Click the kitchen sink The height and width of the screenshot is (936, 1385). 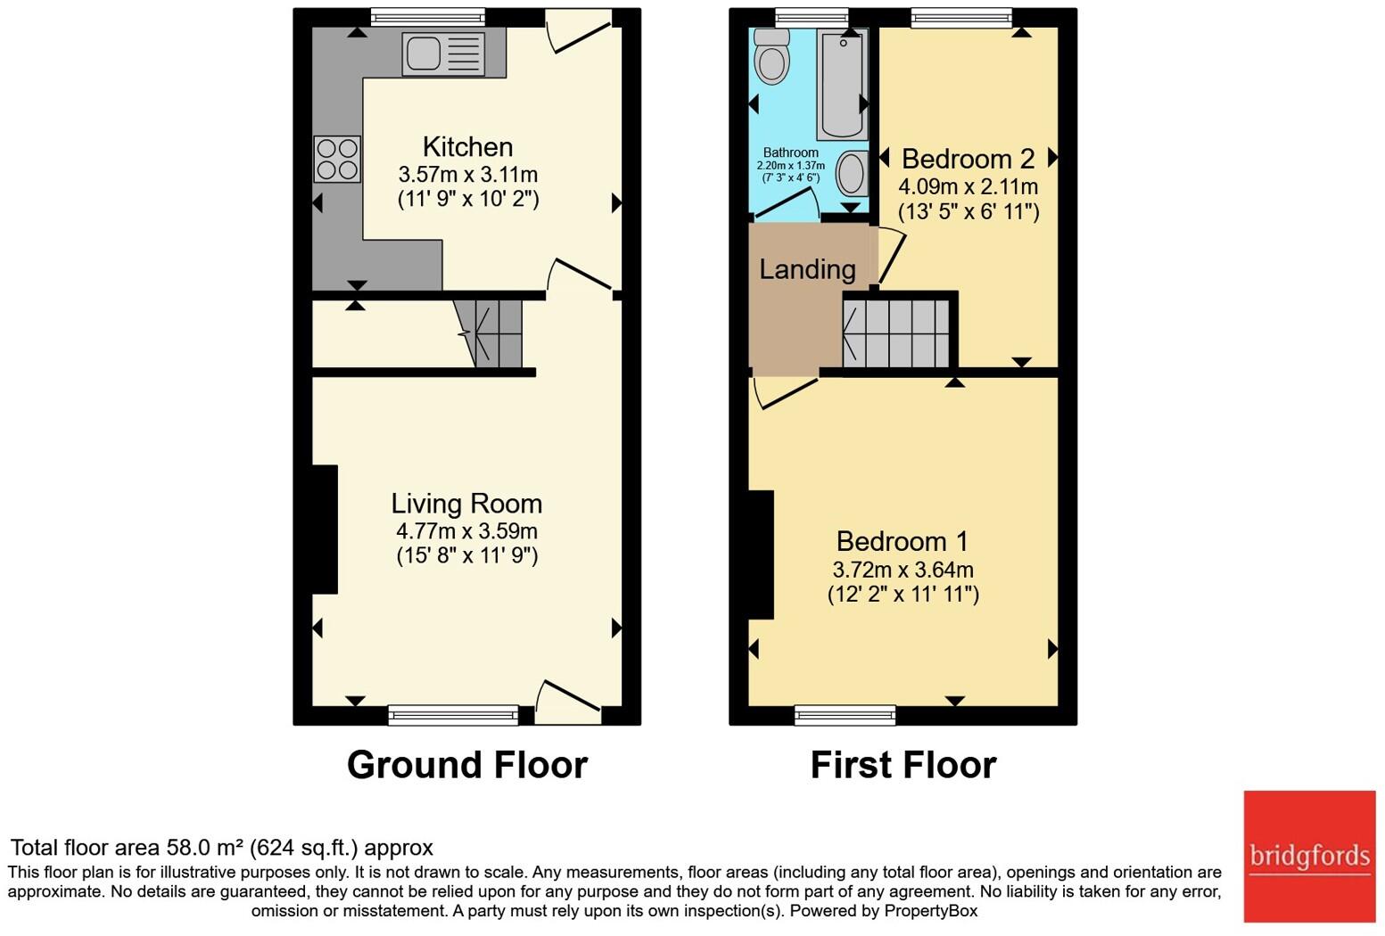443,53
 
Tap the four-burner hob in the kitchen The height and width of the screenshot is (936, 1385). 337,159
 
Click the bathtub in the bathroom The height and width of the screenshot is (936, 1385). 841,84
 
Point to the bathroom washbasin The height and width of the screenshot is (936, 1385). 852,173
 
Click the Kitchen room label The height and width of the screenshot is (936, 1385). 467,147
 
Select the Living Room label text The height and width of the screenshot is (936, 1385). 466,504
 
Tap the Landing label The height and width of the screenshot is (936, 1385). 807,269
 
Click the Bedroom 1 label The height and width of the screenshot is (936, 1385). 903,541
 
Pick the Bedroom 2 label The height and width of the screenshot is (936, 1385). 968,159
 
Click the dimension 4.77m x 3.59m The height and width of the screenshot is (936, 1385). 466,531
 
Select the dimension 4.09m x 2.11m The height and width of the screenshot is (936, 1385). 968,186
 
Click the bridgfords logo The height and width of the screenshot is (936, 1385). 1309,857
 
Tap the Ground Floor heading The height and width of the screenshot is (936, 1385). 466,765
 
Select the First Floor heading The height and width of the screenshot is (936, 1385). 903,765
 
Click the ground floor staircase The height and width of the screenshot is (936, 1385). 491,333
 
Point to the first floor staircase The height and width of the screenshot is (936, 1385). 896,333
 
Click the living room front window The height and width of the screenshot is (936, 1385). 453,714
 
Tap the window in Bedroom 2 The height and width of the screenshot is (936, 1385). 961,17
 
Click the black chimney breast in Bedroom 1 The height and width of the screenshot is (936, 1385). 761,554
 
